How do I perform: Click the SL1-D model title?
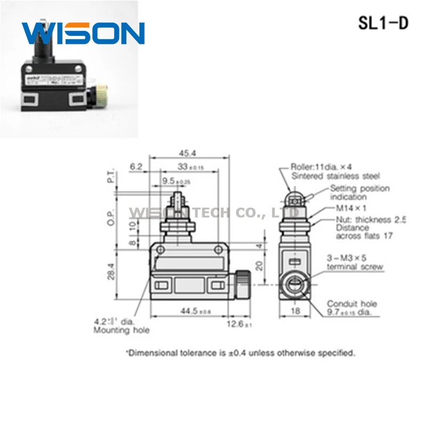(x=382, y=23)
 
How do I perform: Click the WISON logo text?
(x=83, y=34)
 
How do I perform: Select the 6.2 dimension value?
(x=137, y=167)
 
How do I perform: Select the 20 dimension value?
(x=259, y=265)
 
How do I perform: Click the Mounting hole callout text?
(x=121, y=330)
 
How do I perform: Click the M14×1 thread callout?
(x=351, y=208)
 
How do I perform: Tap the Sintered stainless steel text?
(x=336, y=175)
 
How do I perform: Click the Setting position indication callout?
(x=359, y=193)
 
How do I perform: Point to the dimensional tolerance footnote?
(x=240, y=352)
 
